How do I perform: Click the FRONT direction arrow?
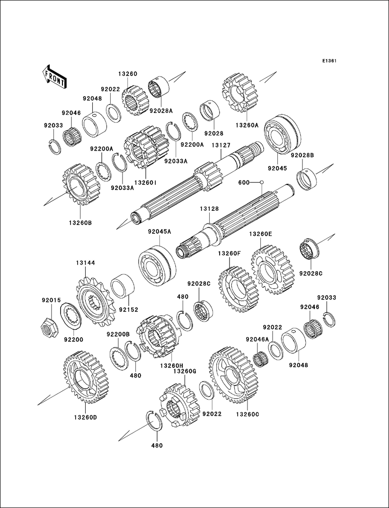(54, 76)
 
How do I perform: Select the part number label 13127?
(221, 146)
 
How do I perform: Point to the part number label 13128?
(209, 208)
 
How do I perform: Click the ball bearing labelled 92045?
(281, 134)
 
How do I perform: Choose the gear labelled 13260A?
(239, 93)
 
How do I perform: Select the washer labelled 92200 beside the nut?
(71, 316)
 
